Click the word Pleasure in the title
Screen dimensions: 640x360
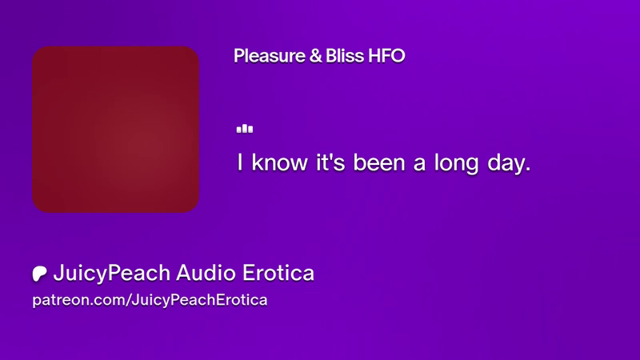[270, 56]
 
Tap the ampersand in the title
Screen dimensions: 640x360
[315, 56]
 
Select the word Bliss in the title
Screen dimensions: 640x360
[345, 56]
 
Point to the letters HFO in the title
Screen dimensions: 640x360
[386, 56]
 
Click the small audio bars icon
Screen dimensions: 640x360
[245, 129]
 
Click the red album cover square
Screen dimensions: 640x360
[115, 130]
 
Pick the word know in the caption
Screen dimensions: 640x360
[279, 162]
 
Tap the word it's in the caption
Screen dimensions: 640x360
[330, 162]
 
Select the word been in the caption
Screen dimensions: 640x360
[379, 162]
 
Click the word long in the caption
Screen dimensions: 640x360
[456, 164]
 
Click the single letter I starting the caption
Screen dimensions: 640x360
[240, 162]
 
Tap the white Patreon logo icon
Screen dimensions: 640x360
[39, 274]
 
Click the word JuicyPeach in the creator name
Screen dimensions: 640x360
[111, 273]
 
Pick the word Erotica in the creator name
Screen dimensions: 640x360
[278, 273]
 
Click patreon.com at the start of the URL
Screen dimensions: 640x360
[79, 300]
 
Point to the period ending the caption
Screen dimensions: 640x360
[528, 170]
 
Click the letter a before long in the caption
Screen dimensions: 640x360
[419, 164]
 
